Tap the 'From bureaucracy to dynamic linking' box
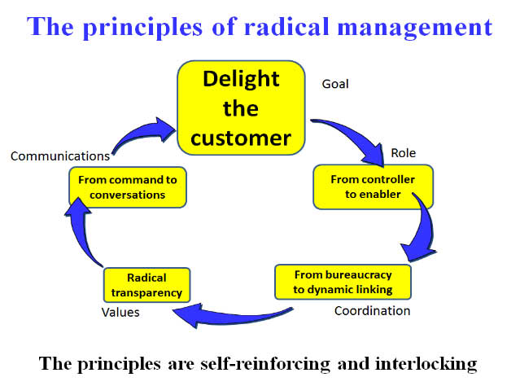click(343, 280)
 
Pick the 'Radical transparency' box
click(147, 285)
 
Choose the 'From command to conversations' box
click(128, 186)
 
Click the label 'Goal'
click(336, 84)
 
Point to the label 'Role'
click(404, 152)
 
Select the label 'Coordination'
click(373, 310)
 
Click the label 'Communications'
click(59, 156)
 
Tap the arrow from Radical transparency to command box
click(84, 236)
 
